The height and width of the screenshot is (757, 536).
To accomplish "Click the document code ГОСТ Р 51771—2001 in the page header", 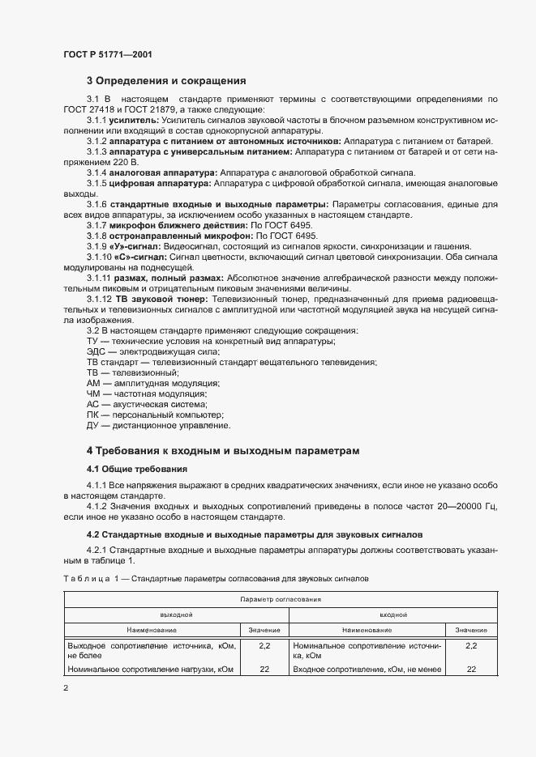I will (108, 54).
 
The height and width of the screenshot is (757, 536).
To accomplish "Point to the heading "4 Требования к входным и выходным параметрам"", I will (223, 450).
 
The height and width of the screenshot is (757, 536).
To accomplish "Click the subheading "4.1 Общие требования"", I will (137, 469).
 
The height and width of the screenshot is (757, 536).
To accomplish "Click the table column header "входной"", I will (393, 615).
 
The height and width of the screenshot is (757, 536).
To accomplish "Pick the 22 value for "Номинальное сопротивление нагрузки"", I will (264, 670).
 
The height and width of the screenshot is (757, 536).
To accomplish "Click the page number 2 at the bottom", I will (66, 689).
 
